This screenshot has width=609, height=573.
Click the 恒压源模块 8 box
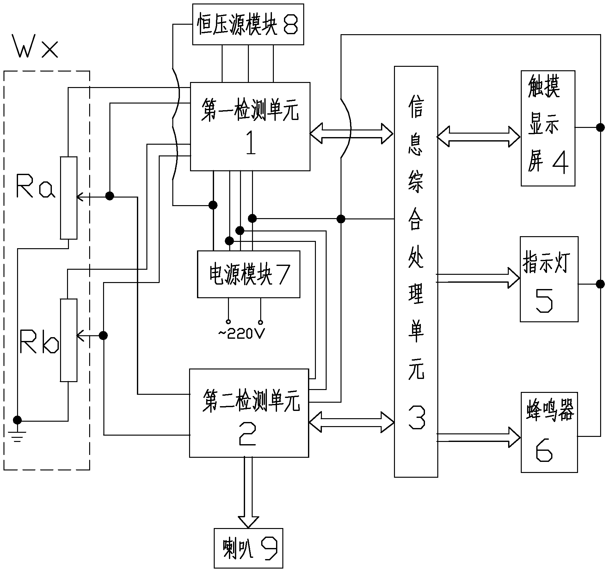pos(248,24)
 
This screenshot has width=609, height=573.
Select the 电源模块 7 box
pos(249,274)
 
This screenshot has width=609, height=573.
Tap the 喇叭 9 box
pos(248,552)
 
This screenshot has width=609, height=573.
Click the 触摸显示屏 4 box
pos(548,128)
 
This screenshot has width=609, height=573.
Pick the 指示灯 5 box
pos(549,279)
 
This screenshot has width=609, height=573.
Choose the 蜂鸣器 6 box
pos(549,432)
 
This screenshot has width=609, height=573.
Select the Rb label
pos(39,342)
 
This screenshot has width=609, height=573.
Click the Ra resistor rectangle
pos(69,198)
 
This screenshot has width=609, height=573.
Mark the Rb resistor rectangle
pos(69,340)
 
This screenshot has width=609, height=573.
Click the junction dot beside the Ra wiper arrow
pos(109,196)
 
